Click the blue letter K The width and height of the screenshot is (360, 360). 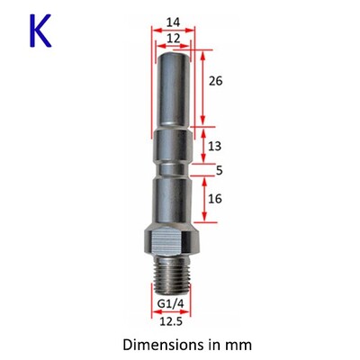(x=40, y=30)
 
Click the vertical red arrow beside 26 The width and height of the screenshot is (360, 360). (x=203, y=87)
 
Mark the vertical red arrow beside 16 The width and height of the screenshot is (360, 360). (x=203, y=202)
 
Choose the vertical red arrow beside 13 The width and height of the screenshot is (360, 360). (x=203, y=147)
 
